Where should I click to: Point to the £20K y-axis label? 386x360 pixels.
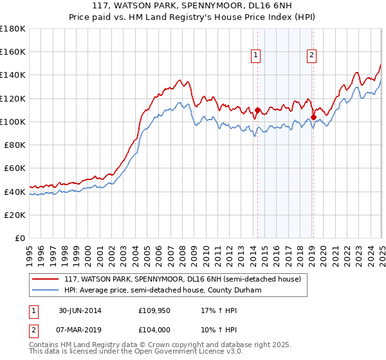15,215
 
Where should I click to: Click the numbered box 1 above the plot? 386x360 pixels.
256,56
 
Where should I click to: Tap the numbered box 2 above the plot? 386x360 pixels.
311,56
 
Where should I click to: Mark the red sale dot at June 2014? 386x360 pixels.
257,110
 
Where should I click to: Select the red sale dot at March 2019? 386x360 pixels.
313,117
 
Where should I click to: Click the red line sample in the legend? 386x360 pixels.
45,279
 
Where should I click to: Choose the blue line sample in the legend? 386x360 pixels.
45,290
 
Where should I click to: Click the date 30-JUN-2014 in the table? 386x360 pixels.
80,310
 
